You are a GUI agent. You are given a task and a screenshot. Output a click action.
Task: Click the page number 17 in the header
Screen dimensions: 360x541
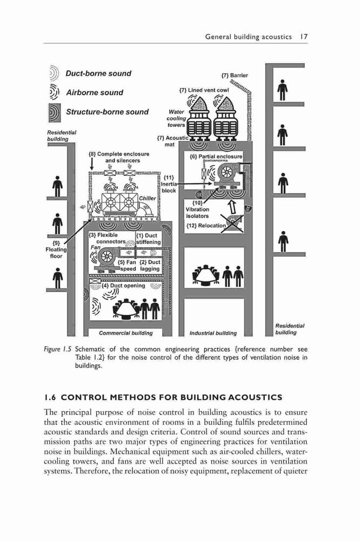click(303, 37)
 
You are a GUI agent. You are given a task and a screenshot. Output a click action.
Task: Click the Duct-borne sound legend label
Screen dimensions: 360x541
click(98, 74)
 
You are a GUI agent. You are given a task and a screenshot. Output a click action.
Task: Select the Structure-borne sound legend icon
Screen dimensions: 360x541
click(55, 113)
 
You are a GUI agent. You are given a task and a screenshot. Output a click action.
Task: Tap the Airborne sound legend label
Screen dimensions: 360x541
click(95, 93)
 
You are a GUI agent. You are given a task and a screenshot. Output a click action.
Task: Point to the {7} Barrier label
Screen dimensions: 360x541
click(235, 75)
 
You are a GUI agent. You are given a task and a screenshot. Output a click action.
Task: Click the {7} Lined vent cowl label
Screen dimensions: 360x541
click(204, 90)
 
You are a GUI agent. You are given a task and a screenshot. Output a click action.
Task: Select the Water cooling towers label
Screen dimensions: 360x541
click(177, 118)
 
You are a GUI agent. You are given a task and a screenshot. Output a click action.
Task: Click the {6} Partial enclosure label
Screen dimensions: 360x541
click(216, 156)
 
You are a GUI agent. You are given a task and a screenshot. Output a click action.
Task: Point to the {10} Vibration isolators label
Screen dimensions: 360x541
click(197, 209)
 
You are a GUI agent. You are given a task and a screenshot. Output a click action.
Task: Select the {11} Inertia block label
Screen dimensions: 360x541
click(169, 184)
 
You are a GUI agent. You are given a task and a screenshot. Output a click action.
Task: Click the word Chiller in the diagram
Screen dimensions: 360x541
click(147, 199)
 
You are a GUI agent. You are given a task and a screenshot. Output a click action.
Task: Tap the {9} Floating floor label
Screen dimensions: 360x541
click(56, 249)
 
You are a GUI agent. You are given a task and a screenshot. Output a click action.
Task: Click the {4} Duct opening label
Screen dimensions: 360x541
click(123, 286)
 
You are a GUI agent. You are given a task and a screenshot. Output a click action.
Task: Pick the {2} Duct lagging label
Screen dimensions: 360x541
click(150, 265)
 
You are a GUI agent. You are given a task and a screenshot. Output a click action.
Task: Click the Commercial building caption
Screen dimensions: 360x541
click(125, 333)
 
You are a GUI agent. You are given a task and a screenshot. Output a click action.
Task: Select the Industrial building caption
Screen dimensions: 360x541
click(213, 333)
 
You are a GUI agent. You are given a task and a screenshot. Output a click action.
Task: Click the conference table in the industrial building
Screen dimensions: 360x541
click(206, 275)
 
